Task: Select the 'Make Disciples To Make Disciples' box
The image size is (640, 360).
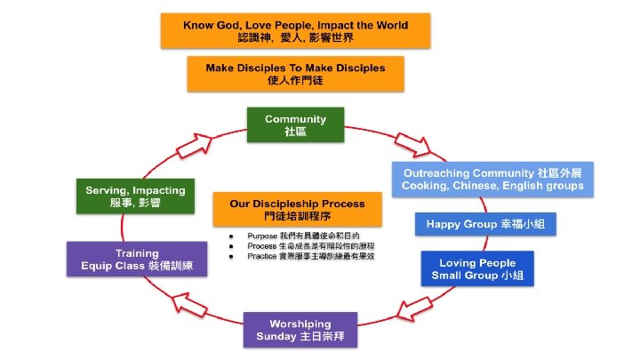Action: coord(296,73)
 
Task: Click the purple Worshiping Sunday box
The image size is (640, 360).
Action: coord(300,329)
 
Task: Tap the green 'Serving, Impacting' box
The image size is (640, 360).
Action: coord(135,196)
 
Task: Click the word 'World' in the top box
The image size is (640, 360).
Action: coord(390,25)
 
